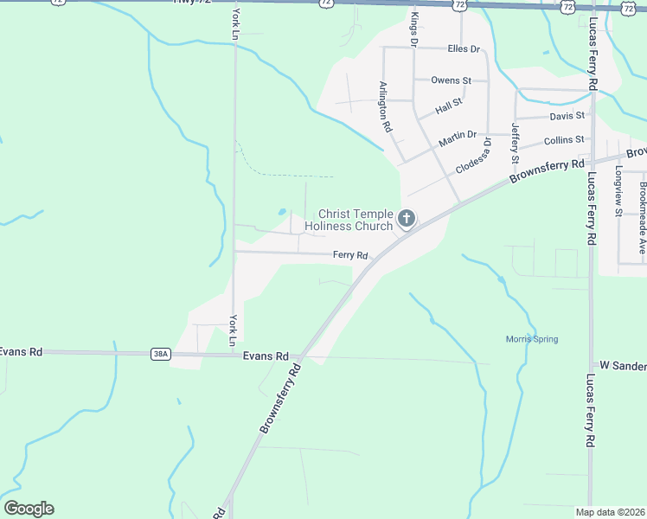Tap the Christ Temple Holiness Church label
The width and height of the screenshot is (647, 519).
(x=356, y=220)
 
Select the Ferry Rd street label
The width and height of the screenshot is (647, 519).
(x=351, y=255)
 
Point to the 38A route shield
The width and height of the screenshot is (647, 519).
(x=160, y=354)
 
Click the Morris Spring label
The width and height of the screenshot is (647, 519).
(x=532, y=339)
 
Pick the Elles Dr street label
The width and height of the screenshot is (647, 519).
(x=464, y=48)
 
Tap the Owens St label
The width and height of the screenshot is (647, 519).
(x=451, y=80)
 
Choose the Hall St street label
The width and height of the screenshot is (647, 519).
(x=449, y=106)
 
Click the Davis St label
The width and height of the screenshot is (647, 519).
(x=567, y=115)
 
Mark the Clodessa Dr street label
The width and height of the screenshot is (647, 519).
(x=474, y=156)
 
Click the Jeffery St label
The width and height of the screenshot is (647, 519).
(x=515, y=143)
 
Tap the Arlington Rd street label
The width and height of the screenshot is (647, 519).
(x=386, y=106)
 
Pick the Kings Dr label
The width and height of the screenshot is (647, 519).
(x=414, y=29)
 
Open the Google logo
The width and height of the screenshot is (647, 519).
(x=29, y=509)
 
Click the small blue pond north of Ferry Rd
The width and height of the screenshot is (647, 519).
(x=283, y=211)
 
